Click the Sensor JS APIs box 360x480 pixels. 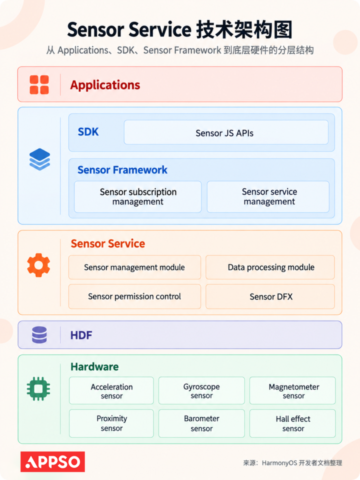(226, 132)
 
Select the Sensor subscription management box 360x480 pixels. (138, 196)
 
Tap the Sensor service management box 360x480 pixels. (268, 196)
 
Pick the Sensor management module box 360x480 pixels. (134, 267)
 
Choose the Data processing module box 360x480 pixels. (270, 267)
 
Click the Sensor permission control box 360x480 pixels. (134, 296)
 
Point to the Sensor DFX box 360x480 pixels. (270, 296)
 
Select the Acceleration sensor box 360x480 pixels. (111, 390)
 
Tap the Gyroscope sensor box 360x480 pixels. (201, 390)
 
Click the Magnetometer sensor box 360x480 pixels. (292, 390)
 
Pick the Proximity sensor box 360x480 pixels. (111, 423)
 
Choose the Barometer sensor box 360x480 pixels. (201, 423)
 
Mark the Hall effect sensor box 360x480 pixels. (292, 423)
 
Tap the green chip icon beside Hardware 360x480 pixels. (38, 389)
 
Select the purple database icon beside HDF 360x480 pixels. (39, 334)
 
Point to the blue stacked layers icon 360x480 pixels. (40, 159)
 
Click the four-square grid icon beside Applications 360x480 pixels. (39, 85)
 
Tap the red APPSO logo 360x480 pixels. (52, 461)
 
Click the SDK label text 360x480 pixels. (88, 132)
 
